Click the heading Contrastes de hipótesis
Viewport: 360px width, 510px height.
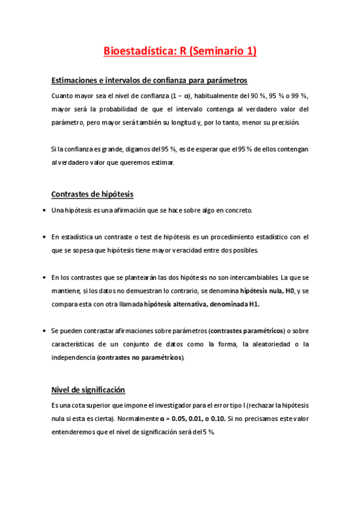pyautogui.click(x=93, y=194)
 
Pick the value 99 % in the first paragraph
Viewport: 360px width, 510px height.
pyautogui.click(x=297, y=96)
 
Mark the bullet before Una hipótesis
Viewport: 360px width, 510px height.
pyautogui.click(x=46, y=210)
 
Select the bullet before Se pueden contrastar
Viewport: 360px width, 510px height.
pyautogui.click(x=46, y=331)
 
